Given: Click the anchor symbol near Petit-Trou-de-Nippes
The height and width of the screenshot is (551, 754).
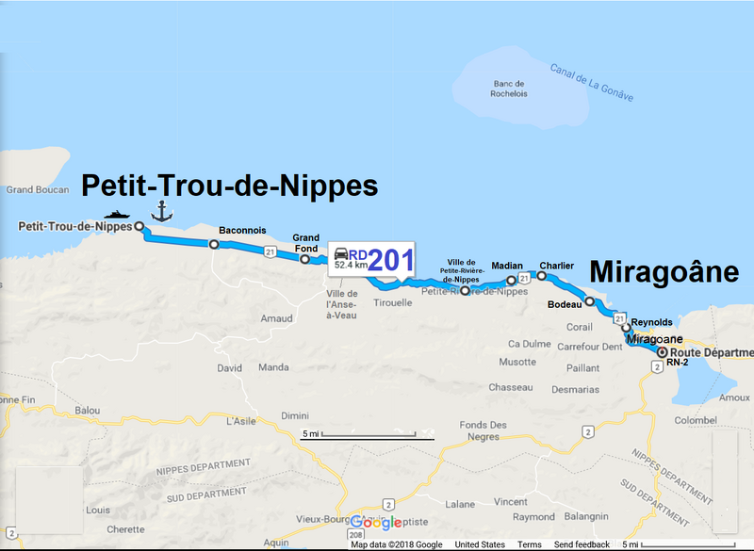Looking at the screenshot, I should pyautogui.click(x=162, y=210).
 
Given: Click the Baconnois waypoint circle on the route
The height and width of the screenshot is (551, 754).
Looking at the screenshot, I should pyautogui.click(x=214, y=245).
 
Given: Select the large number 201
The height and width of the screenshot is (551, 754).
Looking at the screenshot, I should pyautogui.click(x=390, y=260).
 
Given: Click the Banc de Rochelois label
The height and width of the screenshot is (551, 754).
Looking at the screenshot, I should pyautogui.click(x=509, y=88).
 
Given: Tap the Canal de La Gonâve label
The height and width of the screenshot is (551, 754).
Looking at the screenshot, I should pyautogui.click(x=591, y=83).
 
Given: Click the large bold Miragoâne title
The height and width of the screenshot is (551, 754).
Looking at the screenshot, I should pyautogui.click(x=664, y=272).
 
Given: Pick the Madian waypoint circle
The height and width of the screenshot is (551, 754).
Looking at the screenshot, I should pyautogui.click(x=512, y=280).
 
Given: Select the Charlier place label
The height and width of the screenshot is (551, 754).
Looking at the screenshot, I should pyautogui.click(x=556, y=266).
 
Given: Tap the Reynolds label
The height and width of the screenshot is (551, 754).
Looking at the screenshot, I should pyautogui.click(x=652, y=322).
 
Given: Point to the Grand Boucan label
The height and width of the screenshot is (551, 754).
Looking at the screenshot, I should pyautogui.click(x=33, y=189).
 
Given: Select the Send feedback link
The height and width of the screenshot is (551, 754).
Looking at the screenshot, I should pyautogui.click(x=582, y=544).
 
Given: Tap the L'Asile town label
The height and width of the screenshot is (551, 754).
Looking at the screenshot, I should pyautogui.click(x=242, y=421).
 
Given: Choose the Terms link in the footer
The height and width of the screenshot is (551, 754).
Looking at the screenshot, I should pyautogui.click(x=529, y=544).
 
